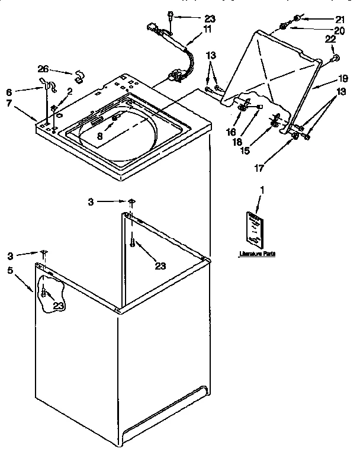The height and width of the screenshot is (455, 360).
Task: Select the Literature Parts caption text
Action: coord(257,254)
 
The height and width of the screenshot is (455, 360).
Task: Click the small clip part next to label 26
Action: coord(78,76)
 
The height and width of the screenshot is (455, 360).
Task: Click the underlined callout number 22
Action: coord(330,40)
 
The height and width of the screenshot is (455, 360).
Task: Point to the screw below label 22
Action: coord(335,57)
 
